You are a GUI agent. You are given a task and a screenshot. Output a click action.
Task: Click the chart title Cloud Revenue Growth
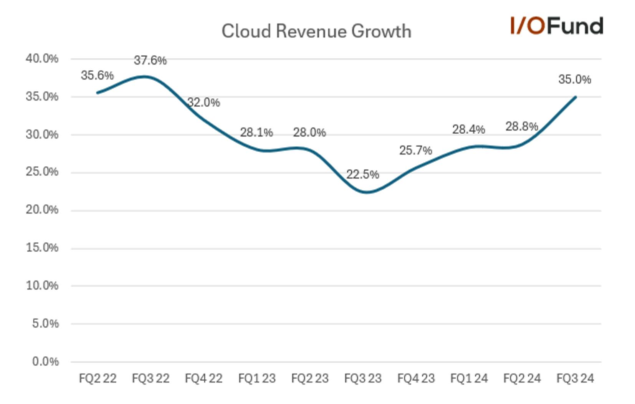(316, 31)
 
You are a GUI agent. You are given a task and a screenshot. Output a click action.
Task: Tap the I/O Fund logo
(556, 26)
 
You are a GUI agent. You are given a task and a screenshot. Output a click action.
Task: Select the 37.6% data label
(150, 60)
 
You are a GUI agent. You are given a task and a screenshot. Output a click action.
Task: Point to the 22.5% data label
(362, 174)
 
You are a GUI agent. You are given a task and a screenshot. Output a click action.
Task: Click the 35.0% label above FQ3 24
(574, 79)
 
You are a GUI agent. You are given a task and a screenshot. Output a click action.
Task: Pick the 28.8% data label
(521, 126)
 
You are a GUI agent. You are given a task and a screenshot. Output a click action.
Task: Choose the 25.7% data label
(415, 150)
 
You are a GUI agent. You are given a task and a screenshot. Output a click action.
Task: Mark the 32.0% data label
(203, 103)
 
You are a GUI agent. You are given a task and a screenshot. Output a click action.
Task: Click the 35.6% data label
(97, 75)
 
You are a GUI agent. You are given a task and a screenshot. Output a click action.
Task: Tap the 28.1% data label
(256, 132)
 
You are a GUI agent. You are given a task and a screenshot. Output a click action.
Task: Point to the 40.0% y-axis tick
(42, 59)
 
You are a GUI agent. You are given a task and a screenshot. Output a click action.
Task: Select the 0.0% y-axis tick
(45, 361)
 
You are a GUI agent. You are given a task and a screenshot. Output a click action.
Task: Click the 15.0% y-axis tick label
(42, 248)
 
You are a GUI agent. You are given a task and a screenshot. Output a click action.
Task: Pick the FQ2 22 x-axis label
(98, 378)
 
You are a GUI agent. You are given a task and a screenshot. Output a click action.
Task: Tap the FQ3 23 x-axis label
(363, 378)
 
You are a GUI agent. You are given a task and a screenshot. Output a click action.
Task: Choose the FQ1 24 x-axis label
(469, 378)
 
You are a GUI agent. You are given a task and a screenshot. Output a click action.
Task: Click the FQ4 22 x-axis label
(203, 378)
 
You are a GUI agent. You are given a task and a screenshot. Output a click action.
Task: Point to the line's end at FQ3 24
(575, 97)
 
